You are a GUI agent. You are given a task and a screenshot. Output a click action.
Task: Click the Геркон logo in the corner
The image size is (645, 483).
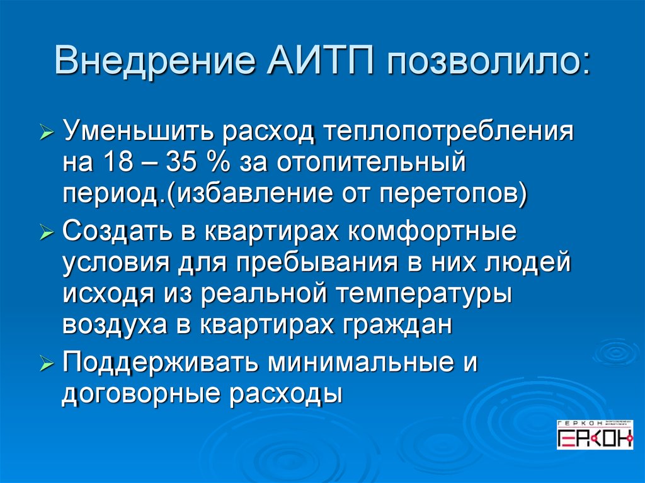point(595,435)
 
